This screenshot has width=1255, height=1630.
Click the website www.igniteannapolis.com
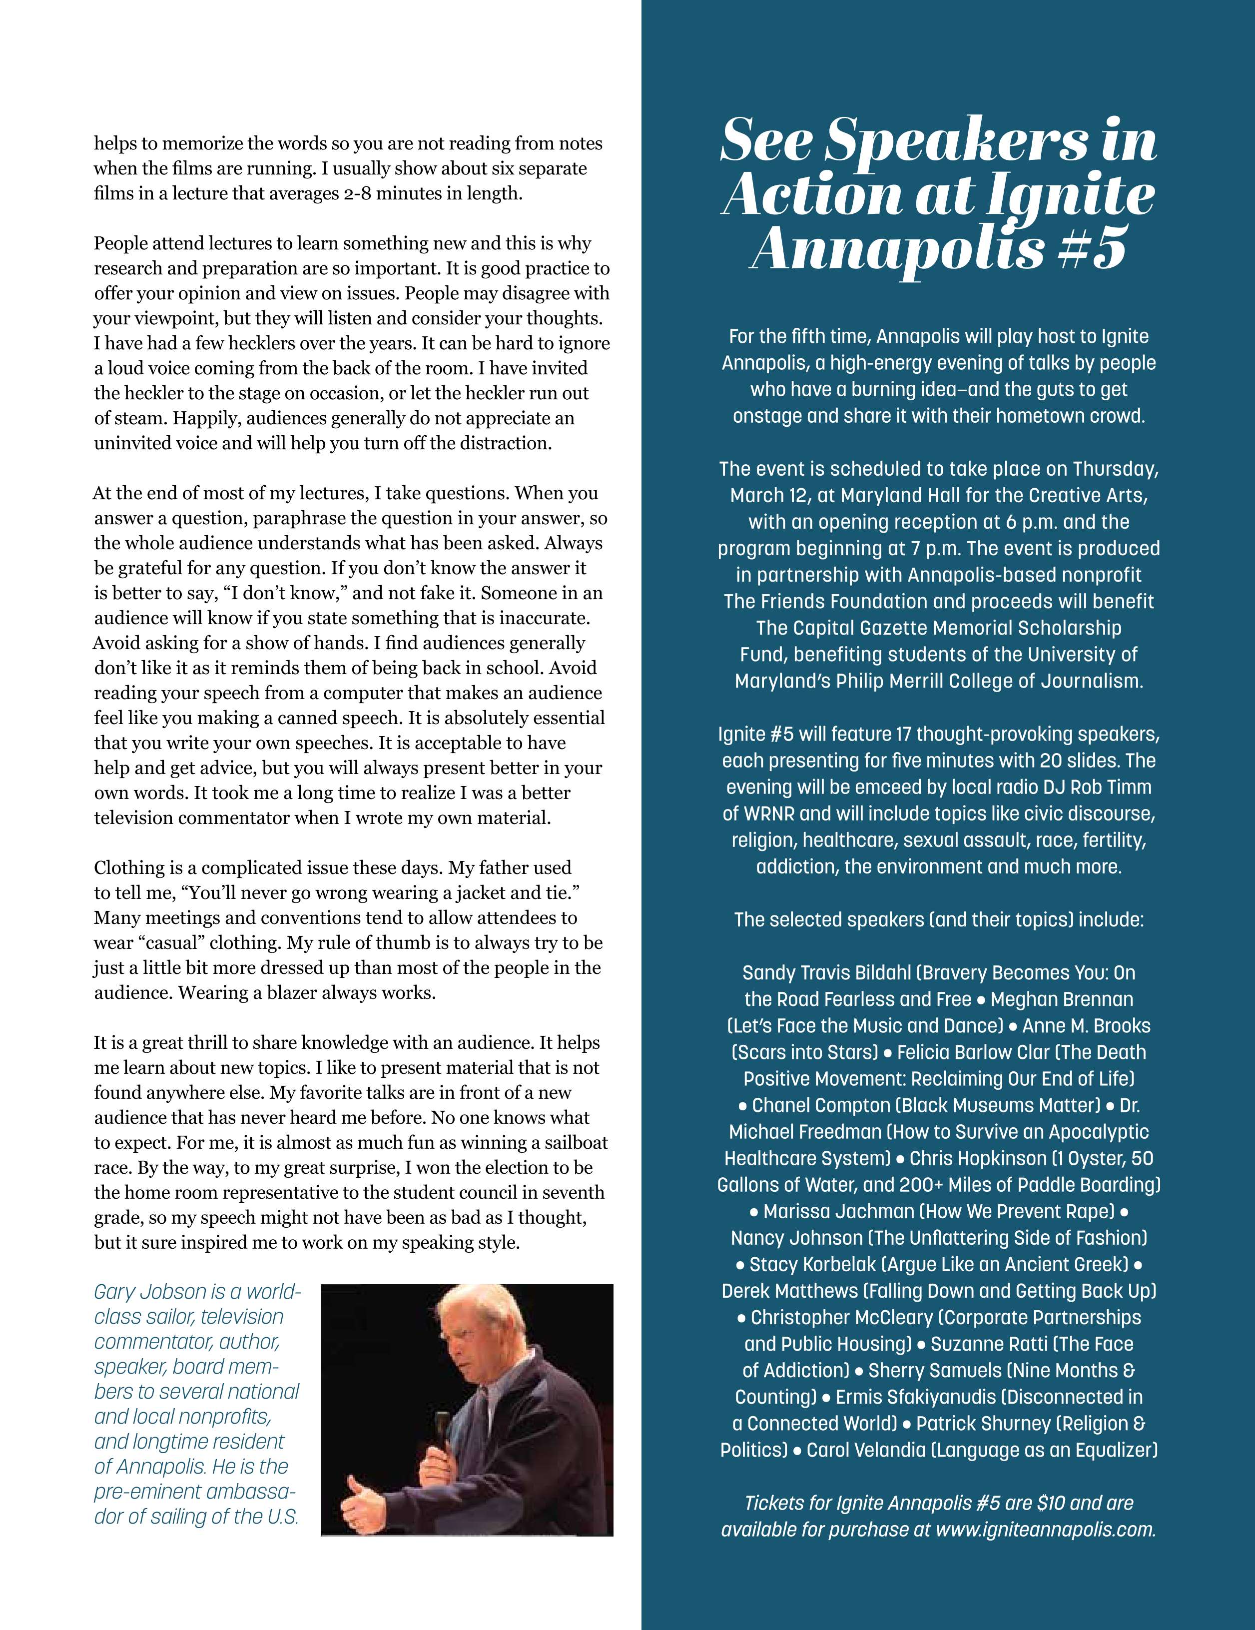[1045, 1529]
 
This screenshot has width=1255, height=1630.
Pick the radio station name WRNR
[766, 814]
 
